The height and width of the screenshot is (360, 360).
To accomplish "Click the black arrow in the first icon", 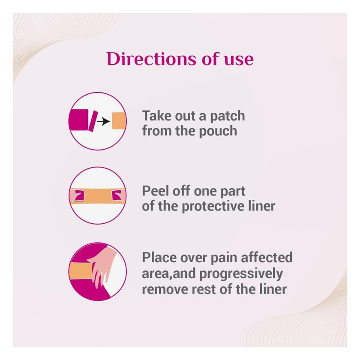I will (102, 122).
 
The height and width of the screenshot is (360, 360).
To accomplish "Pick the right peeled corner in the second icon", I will (116, 195).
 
